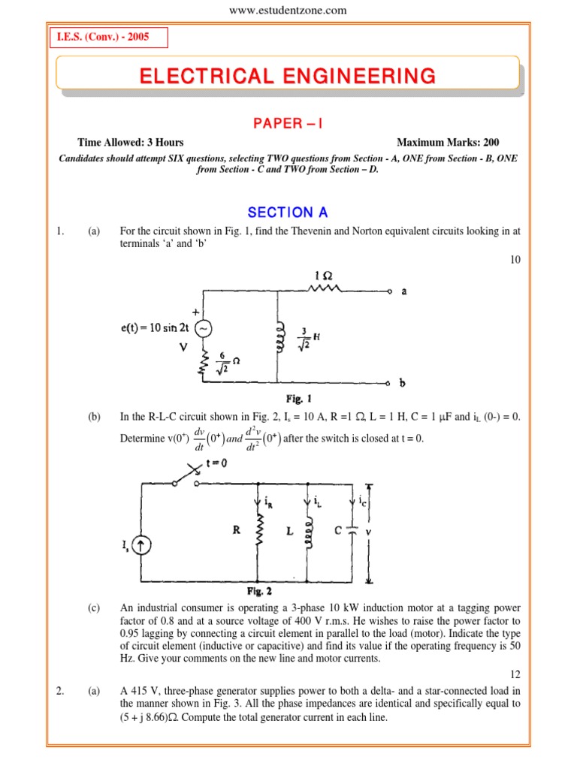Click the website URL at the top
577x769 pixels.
point(288,10)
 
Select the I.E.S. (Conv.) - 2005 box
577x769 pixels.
point(108,38)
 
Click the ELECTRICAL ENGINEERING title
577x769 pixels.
point(287,76)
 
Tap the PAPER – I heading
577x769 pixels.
point(287,123)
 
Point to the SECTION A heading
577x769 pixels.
point(288,213)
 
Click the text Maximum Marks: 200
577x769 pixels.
point(448,143)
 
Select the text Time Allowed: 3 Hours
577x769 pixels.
point(130,143)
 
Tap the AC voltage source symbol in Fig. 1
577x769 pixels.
point(203,328)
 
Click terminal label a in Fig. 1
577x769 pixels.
point(404,291)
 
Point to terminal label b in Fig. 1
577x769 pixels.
point(402,383)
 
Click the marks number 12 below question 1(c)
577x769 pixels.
point(513,675)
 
